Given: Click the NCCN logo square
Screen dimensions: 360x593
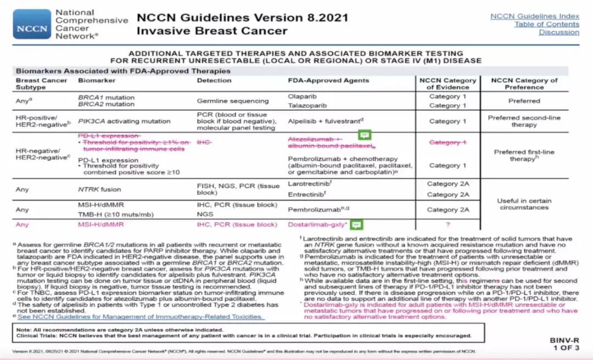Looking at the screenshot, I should click(31, 24).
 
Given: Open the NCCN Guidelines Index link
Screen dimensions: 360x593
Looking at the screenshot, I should click(534, 16).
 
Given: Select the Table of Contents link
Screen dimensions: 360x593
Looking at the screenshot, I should click(546, 24).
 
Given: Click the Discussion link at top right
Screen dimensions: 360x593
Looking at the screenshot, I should click(558, 32).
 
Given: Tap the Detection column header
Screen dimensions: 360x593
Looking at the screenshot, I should click(214, 80).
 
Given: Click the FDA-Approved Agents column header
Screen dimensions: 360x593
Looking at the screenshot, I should click(321, 80).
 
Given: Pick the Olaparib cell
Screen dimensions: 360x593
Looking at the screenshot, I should click(302, 96).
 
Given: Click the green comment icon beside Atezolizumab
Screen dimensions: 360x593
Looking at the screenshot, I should click(365, 135).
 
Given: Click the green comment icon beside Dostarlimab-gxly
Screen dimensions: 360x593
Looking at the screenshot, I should click(356, 224).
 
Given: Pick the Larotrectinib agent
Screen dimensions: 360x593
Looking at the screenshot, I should click(309, 184).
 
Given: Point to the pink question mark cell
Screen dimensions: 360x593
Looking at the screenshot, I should click(447, 224).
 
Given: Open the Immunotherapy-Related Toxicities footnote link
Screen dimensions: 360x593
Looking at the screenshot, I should click(140, 317).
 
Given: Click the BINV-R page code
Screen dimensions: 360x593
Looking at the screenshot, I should click(564, 340).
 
